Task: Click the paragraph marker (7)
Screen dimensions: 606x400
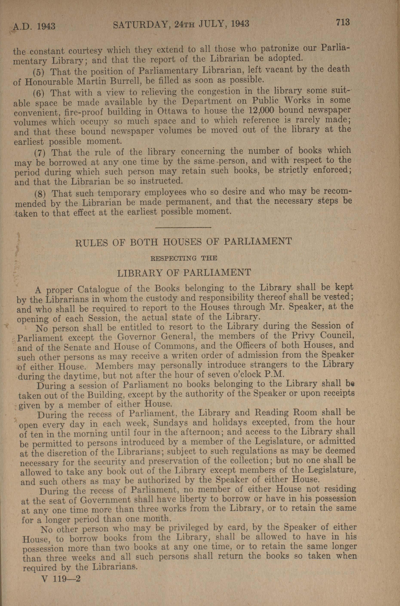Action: (x=40, y=154)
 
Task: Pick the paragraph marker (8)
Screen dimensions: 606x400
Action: (x=40, y=194)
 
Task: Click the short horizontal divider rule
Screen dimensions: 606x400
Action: (x=183, y=227)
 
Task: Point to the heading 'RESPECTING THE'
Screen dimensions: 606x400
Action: (x=184, y=258)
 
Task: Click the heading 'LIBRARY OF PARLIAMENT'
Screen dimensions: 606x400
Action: (x=184, y=273)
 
